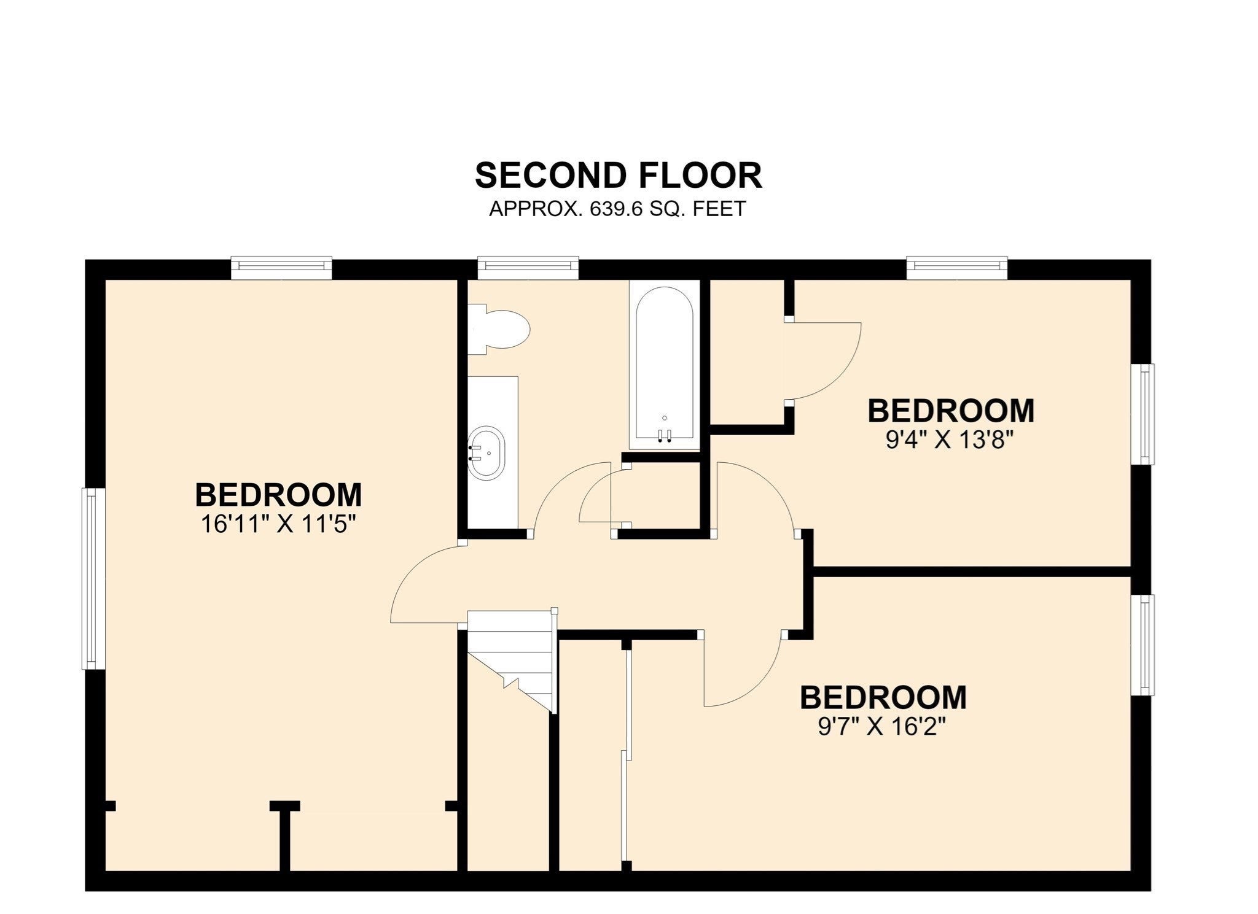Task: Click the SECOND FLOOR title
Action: (x=619, y=176)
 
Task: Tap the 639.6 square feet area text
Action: (x=617, y=209)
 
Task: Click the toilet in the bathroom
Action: (x=498, y=330)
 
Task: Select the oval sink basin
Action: (x=486, y=452)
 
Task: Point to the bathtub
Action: (x=665, y=365)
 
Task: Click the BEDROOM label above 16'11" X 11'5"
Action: (x=279, y=495)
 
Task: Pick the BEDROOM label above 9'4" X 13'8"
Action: (x=951, y=411)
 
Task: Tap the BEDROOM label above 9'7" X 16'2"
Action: (x=883, y=698)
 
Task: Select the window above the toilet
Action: (x=528, y=268)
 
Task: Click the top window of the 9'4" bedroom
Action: (x=957, y=268)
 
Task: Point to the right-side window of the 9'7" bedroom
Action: (x=1142, y=645)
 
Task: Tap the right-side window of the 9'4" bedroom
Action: (x=1142, y=414)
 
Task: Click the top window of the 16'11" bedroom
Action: (x=281, y=268)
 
